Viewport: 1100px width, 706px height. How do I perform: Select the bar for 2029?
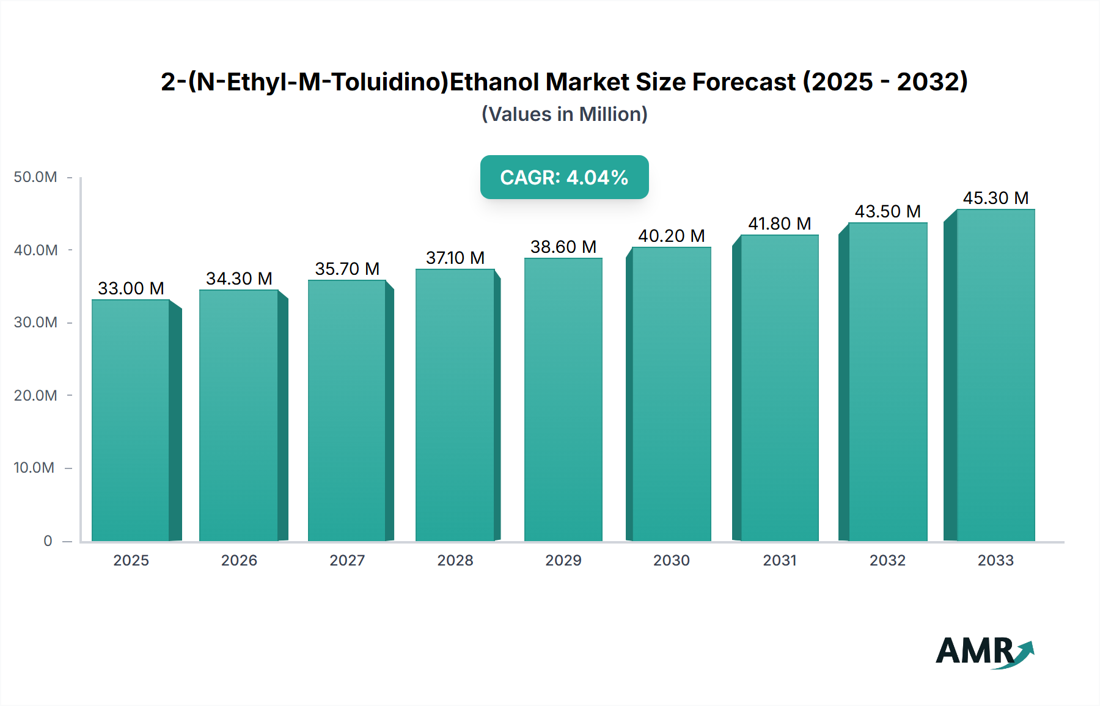click(563, 399)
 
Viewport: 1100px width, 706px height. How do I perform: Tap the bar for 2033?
click(995, 375)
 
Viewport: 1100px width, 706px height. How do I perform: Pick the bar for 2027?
click(346, 410)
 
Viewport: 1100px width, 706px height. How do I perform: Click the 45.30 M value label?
click(996, 198)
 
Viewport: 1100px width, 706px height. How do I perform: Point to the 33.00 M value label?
click(131, 288)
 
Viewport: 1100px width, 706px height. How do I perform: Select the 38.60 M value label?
click(563, 247)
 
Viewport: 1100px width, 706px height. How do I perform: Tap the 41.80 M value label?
click(779, 224)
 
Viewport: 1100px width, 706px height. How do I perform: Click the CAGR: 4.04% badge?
click(564, 177)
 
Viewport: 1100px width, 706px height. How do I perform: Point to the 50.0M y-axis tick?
click(35, 177)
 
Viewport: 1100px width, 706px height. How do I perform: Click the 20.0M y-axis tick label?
click(35, 395)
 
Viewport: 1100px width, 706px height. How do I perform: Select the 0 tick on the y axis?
click(48, 540)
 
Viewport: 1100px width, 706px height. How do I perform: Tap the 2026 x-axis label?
click(239, 560)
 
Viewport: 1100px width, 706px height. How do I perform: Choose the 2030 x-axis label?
click(671, 560)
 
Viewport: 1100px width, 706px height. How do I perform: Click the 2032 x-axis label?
click(887, 560)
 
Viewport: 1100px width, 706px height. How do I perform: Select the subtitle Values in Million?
click(564, 114)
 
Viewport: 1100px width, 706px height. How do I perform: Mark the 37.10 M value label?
click(455, 258)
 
